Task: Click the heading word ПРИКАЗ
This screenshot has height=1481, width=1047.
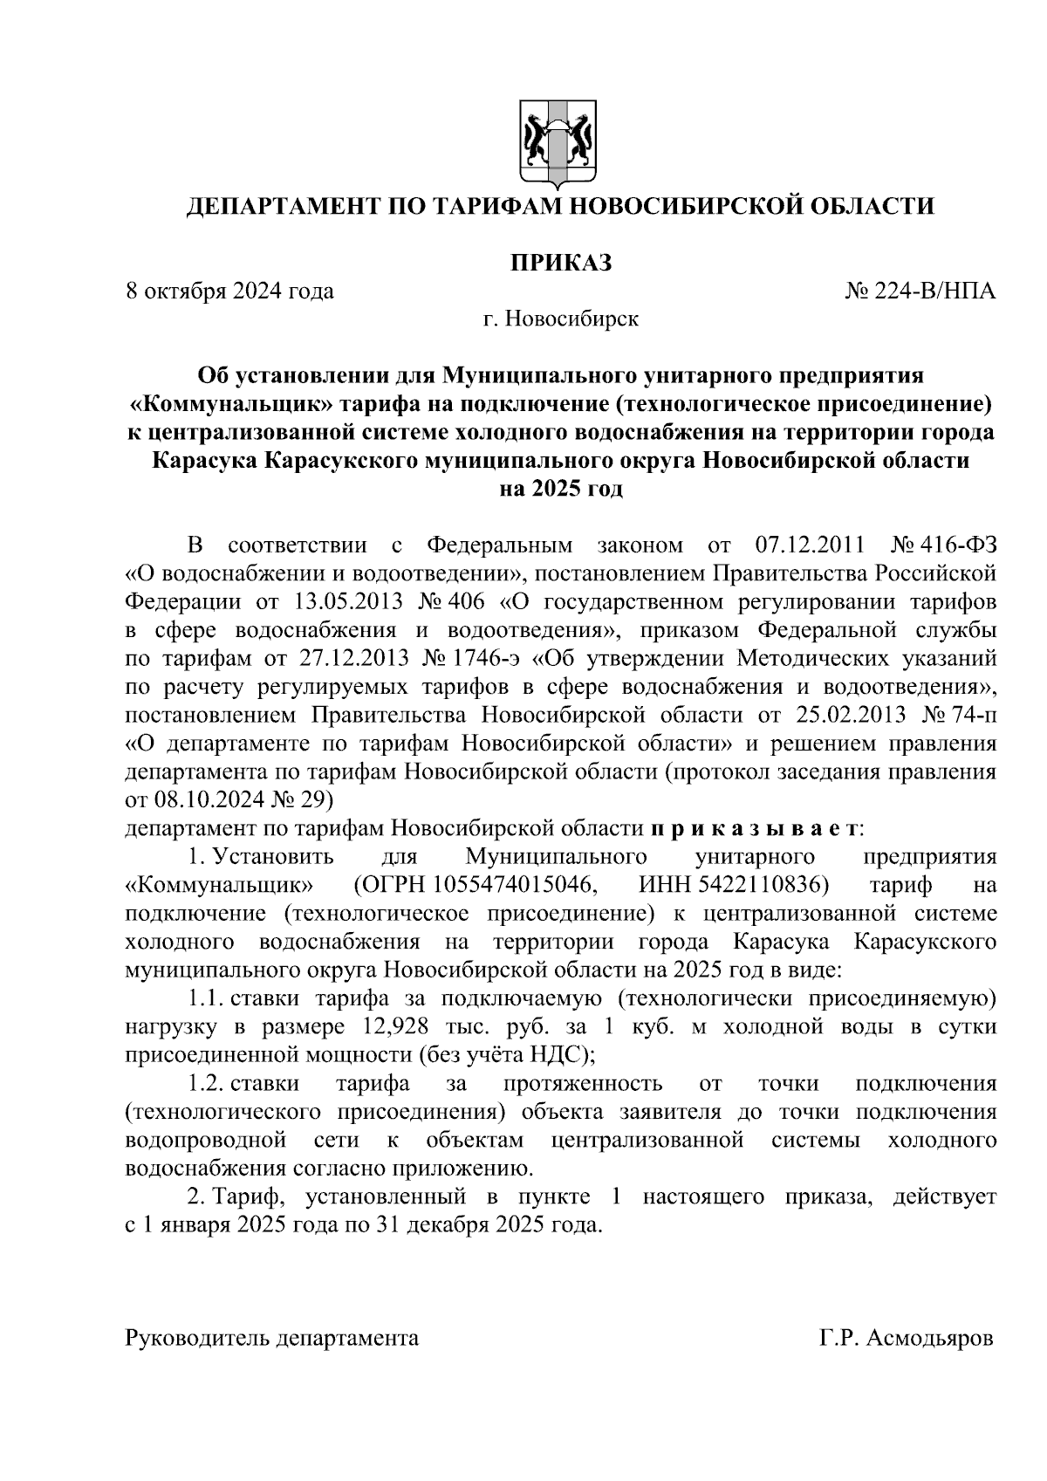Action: (559, 262)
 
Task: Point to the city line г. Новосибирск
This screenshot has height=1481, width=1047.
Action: (561, 319)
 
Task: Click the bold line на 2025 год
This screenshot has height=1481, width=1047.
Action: (560, 489)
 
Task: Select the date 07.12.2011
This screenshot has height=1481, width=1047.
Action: (807, 546)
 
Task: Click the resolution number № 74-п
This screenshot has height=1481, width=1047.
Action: (959, 715)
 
